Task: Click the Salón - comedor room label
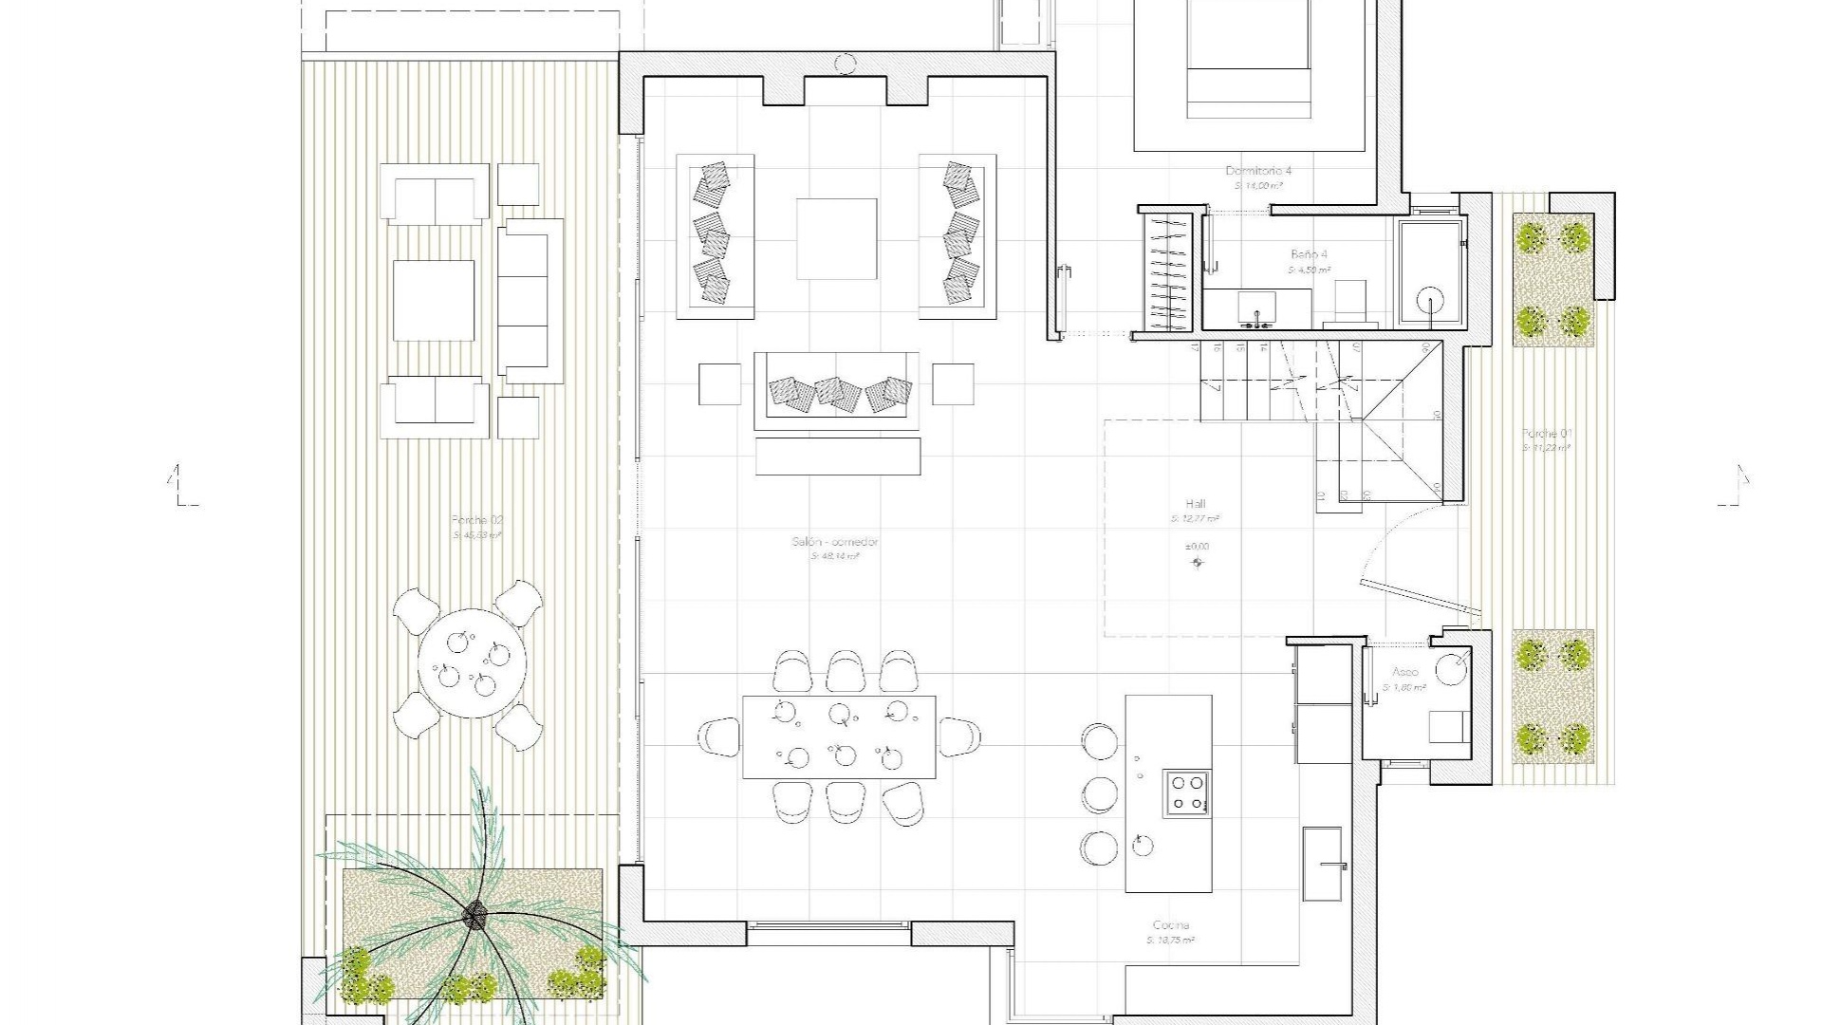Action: click(835, 542)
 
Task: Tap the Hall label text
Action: click(1195, 504)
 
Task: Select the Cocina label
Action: click(1171, 925)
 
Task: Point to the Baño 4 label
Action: click(1310, 254)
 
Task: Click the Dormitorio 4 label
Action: click(1258, 171)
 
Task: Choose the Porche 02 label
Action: click(477, 520)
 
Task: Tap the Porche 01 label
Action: click(1547, 434)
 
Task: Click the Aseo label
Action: click(1405, 672)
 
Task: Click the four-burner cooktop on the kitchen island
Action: click(1187, 793)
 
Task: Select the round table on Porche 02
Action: click(473, 662)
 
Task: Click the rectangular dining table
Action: click(839, 736)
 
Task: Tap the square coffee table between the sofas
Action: click(836, 238)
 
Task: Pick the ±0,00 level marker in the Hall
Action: click(1198, 548)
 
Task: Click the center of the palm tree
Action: click(474, 916)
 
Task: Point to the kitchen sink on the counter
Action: click(1323, 865)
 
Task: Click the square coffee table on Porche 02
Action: click(434, 300)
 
